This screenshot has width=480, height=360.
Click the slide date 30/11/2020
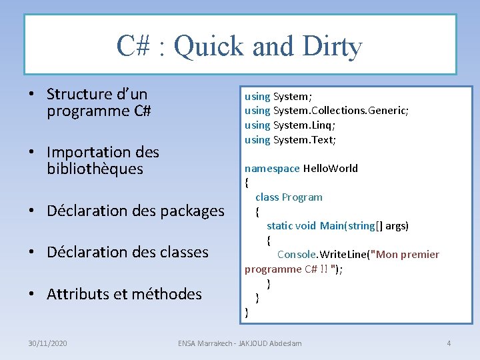tap(47, 343)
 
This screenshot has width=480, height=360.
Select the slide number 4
tap(449, 343)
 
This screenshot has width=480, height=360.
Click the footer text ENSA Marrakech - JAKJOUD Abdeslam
tap(239, 343)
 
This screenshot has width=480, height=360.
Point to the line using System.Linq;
tap(290, 125)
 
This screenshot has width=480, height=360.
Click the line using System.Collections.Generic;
tap(326, 110)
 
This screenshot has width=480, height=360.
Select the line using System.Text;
tap(290, 139)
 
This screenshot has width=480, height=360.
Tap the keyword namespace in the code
tap(272, 168)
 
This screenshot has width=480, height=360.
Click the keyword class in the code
tap(267, 197)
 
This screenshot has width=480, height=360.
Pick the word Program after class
tap(302, 197)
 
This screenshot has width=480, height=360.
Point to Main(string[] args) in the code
tap(364, 225)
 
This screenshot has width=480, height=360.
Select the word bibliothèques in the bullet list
tap(95, 169)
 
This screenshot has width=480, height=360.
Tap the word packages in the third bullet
tap(189, 211)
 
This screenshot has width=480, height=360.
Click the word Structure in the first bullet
tap(79, 94)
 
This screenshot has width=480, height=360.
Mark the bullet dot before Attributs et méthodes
tap(32, 294)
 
